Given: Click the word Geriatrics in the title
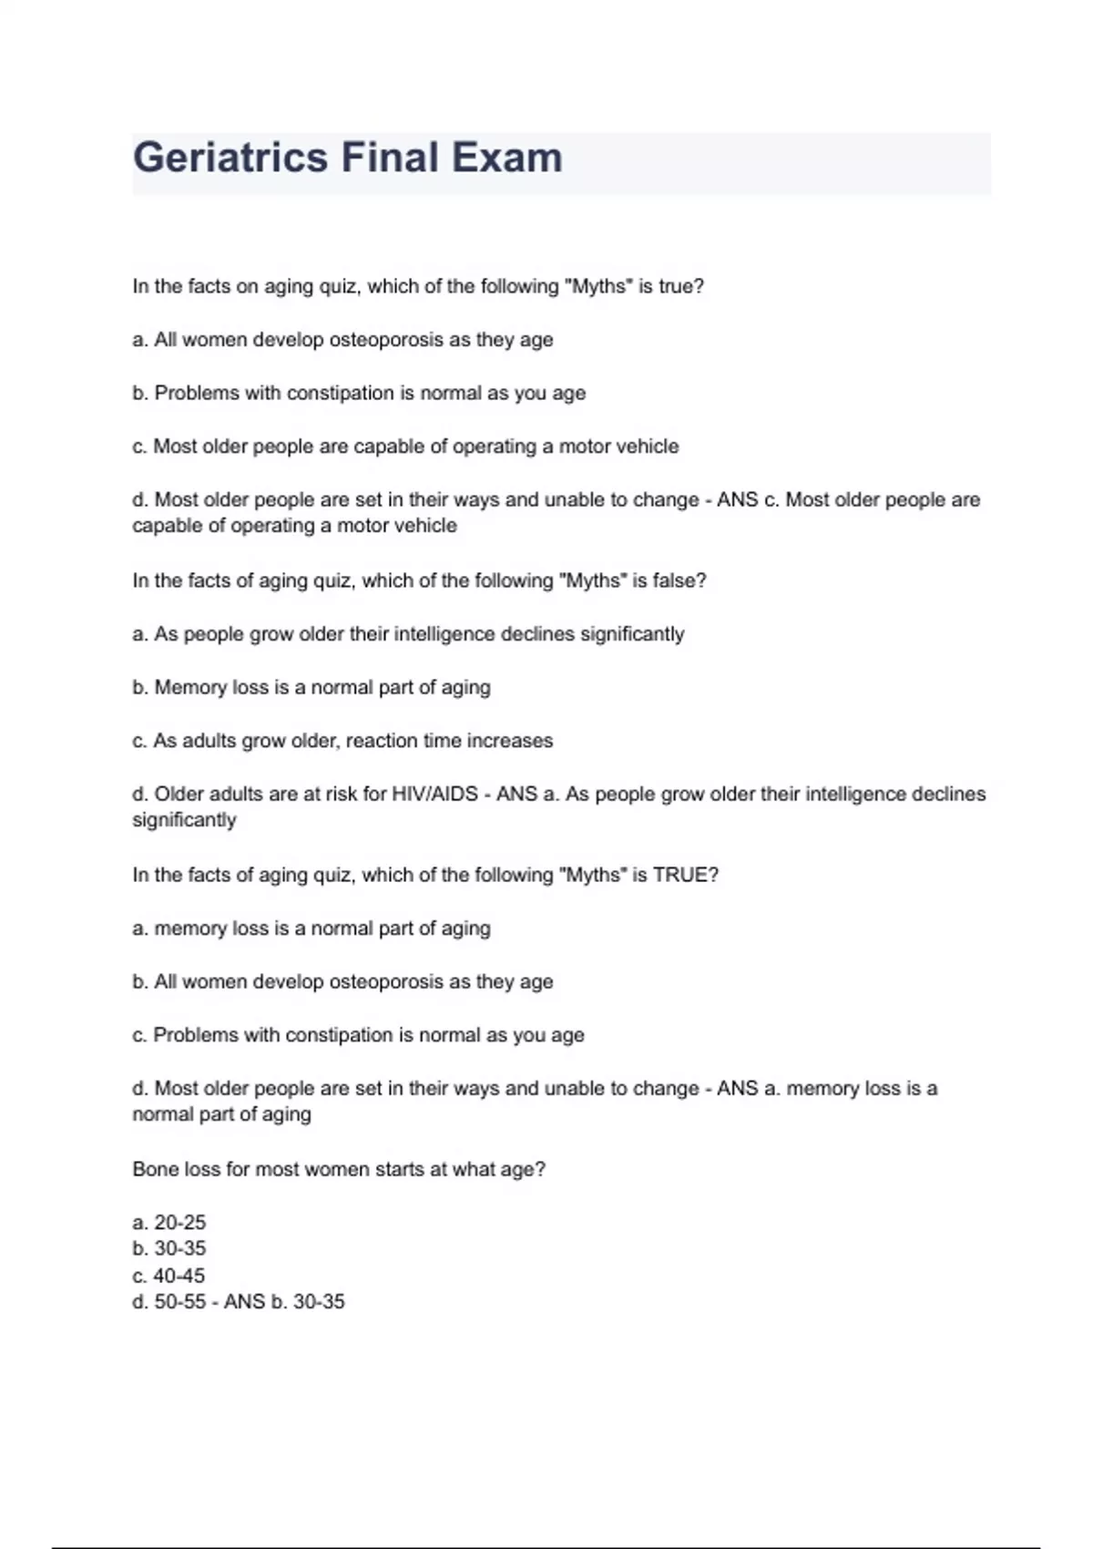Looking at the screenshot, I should [230, 158].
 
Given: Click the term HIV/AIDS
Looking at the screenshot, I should [434, 794].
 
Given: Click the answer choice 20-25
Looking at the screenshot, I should [180, 1222].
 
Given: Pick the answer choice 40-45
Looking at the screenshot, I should [179, 1276].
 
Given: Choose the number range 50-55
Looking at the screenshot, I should [180, 1302].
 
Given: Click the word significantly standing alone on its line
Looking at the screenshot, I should [184, 820].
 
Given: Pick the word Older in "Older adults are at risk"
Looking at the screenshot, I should [179, 794].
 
